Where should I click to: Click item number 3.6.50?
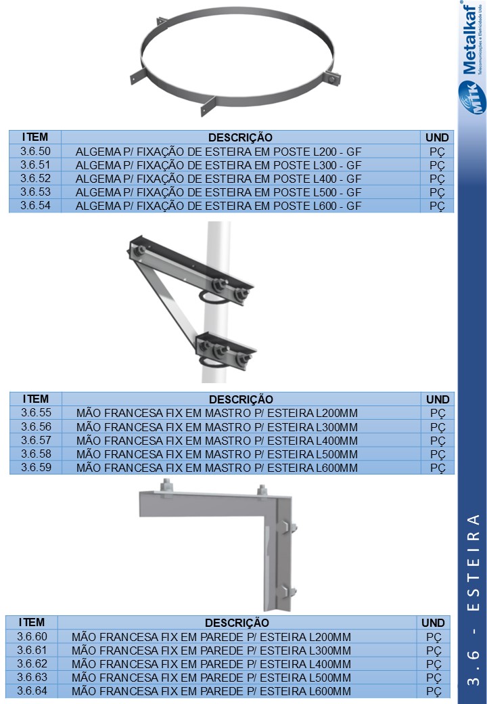[x=35, y=152]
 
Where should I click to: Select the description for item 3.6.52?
[x=218, y=179]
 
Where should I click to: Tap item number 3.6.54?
[x=35, y=206]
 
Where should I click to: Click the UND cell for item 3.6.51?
[x=437, y=165]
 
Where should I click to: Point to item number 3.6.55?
[x=37, y=413]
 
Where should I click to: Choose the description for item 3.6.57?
[x=217, y=441]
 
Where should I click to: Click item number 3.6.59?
[x=37, y=467]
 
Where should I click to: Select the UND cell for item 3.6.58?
[x=438, y=454]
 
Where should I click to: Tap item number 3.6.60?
[x=32, y=637]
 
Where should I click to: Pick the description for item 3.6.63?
[x=211, y=678]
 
